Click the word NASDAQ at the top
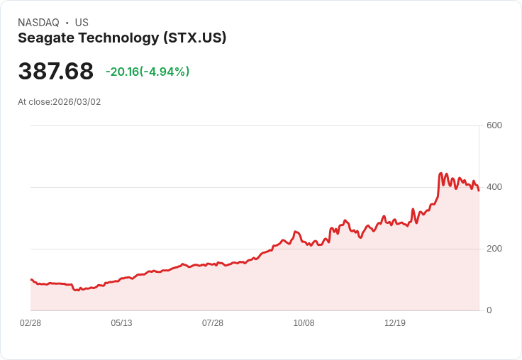click(38, 23)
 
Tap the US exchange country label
click(82, 23)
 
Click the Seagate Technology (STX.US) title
click(122, 38)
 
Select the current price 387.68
click(55, 72)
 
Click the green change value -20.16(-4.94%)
click(148, 72)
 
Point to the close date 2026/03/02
click(77, 102)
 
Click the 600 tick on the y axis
click(494, 125)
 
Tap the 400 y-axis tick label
click(494, 187)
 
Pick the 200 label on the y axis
click(494, 249)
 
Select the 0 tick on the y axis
click(489, 310)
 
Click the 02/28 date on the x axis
click(30, 323)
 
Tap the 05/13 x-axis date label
click(121, 323)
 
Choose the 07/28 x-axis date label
click(213, 323)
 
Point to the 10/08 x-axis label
click(304, 323)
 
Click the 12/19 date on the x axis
click(395, 323)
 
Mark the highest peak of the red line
click(441, 173)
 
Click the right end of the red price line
click(479, 190)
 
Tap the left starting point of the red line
click(30, 279)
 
